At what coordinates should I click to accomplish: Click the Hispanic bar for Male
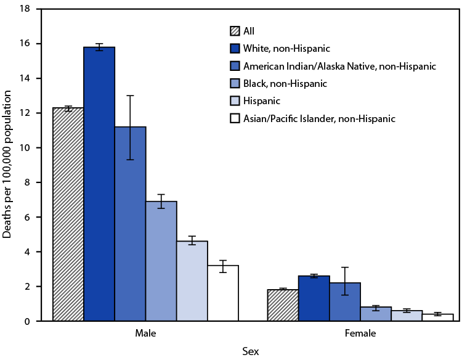click(192, 281)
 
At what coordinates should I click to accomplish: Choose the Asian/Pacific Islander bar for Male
click(222, 293)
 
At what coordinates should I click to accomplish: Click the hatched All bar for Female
click(283, 305)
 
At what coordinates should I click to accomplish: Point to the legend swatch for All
click(235, 31)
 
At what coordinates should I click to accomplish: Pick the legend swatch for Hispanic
click(235, 100)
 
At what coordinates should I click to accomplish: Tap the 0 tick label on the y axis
click(28, 321)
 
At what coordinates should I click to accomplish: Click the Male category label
click(145, 333)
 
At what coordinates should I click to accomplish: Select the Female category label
click(360, 333)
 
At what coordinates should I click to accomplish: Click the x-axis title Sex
click(250, 351)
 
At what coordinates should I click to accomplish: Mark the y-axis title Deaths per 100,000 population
click(7, 165)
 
